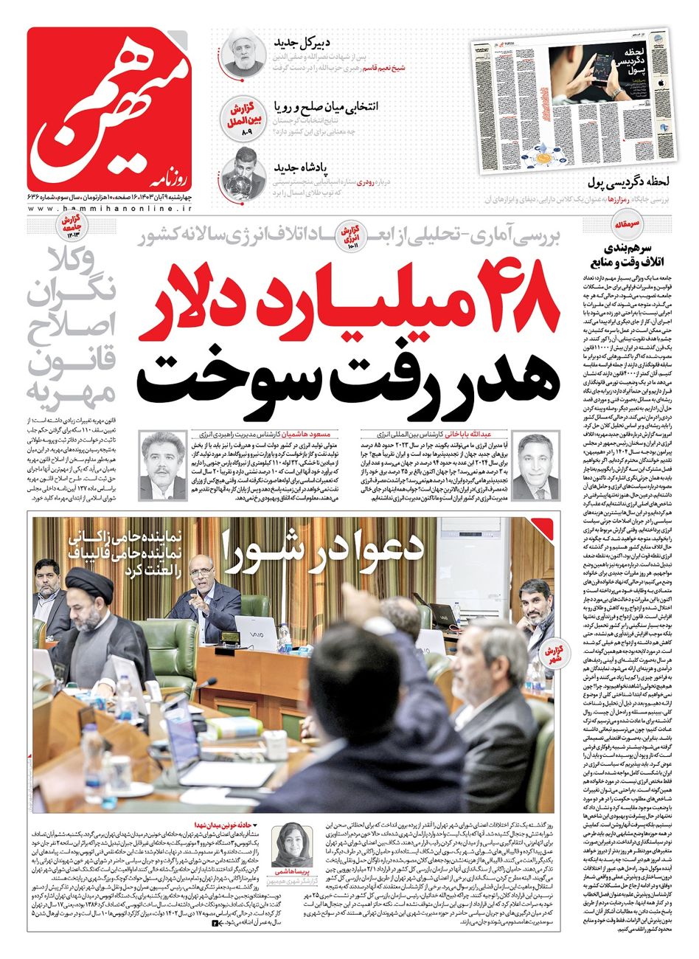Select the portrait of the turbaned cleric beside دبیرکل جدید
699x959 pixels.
[244, 52]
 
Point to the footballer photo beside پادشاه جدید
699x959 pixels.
[243, 170]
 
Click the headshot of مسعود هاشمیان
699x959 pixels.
[164, 466]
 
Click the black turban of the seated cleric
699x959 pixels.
[90, 585]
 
